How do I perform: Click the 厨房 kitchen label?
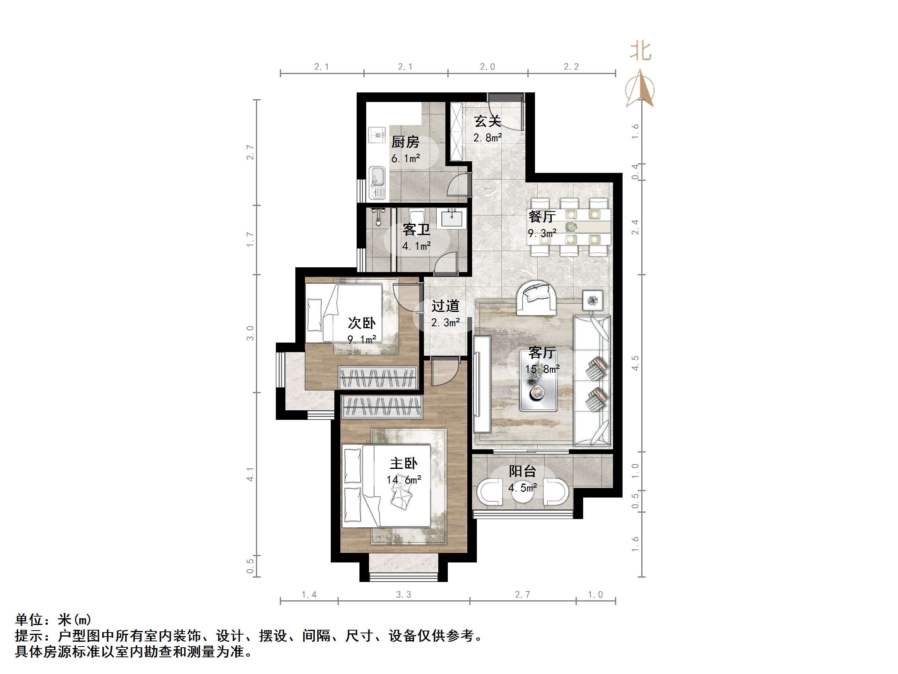(405, 142)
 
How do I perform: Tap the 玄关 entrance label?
(487, 121)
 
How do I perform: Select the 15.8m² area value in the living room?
(542, 369)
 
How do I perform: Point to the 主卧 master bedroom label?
(404, 463)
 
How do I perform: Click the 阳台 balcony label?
(523, 471)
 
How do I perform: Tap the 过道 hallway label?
(445, 306)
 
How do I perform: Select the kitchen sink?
(93, 183)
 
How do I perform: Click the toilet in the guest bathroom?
(416, 215)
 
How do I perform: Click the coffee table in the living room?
(538, 381)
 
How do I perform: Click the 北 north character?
(640, 51)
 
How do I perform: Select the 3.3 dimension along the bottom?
(404, 594)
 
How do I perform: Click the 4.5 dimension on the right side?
(635, 363)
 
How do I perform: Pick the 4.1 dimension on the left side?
(250, 474)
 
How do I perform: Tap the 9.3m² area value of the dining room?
(542, 233)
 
